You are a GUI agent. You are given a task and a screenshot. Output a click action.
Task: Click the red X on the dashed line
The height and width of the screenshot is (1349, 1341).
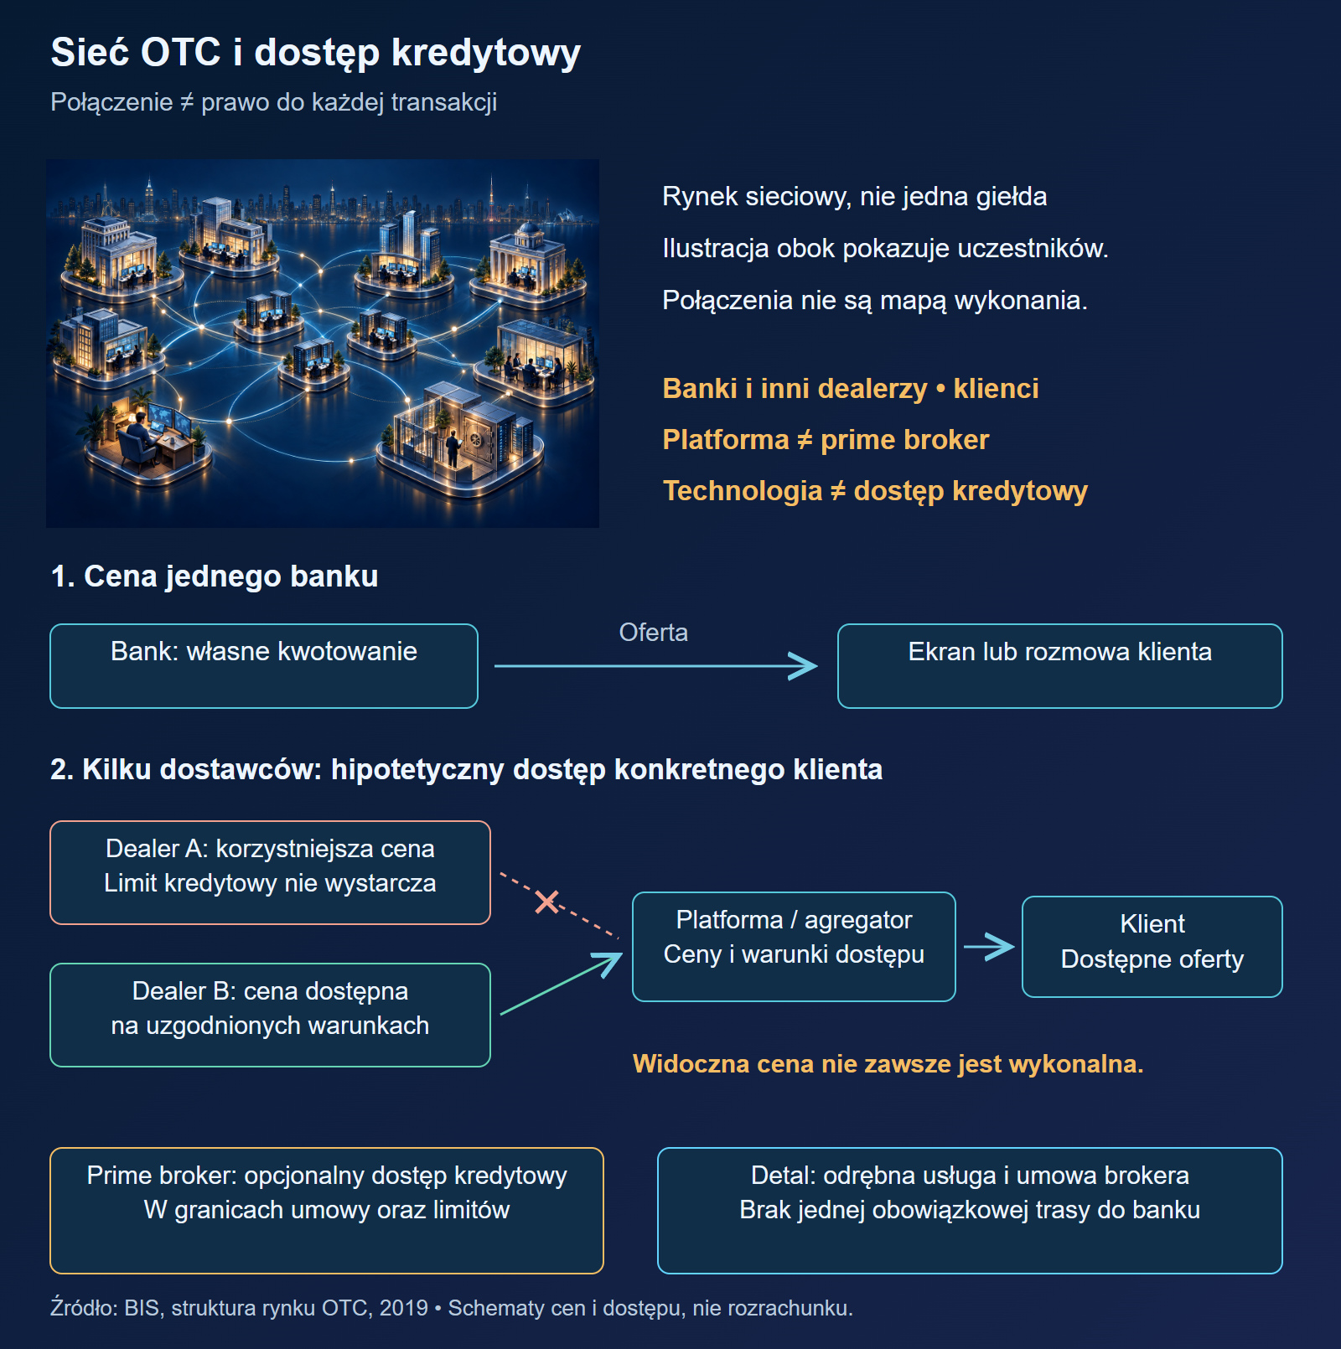coord(546,902)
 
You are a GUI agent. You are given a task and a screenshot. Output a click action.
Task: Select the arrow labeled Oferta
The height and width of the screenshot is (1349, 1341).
coord(655,666)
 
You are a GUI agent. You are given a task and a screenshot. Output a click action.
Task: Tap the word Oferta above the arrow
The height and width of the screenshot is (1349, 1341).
coord(654,633)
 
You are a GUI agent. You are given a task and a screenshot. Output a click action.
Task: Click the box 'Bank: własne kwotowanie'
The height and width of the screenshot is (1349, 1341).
coord(264,666)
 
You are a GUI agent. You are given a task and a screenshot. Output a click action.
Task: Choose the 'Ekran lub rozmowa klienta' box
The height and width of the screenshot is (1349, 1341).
coord(1060,666)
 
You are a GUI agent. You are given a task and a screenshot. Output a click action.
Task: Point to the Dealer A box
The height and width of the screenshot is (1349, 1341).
coord(270,872)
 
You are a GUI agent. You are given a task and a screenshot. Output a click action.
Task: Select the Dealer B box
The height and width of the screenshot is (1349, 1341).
coord(270,1015)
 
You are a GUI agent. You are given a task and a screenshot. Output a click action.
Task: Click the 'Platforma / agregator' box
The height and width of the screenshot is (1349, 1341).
coord(794,947)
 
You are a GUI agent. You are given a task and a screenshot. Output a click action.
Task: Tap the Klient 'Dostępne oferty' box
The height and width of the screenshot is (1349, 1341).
coord(1152,947)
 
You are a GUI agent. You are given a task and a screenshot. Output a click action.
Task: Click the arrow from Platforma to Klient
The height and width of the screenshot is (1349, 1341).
coord(989,947)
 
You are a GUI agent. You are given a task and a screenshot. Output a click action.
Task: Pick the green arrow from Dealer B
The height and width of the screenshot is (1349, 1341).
coord(561,984)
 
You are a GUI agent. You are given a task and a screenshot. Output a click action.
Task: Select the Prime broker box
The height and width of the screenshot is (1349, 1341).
coord(327,1211)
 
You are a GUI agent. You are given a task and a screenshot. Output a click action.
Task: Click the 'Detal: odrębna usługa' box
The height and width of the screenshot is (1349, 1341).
coord(970,1211)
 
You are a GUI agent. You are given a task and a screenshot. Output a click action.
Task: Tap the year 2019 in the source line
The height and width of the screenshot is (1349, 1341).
coord(404,1308)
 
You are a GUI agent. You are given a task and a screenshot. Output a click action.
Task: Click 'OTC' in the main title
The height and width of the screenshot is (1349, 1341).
coord(180,52)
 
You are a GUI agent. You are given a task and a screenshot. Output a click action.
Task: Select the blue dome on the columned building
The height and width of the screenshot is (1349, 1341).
coord(530,229)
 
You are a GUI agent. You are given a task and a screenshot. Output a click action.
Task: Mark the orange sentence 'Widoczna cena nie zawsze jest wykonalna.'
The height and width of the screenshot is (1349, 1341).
coord(888,1063)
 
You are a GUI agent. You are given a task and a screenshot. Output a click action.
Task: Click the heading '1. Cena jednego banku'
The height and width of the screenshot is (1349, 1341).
coord(215,576)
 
